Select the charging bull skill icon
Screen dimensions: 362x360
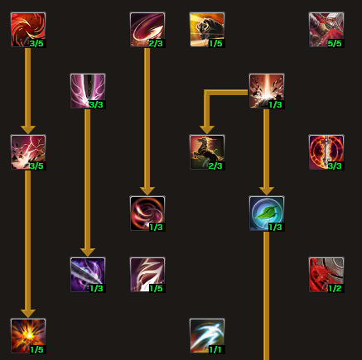207,30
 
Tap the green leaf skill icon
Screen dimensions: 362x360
267,214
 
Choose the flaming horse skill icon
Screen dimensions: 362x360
207,152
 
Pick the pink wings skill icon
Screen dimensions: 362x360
88,91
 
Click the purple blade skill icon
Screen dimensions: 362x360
88,275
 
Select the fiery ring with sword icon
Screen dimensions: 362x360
326,152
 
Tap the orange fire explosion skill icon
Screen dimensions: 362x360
28,336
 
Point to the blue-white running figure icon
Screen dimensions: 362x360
207,336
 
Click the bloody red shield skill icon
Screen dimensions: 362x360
326,275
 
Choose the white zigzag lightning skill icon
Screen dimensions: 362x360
147,275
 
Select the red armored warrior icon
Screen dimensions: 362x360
326,30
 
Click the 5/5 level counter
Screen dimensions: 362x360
335,44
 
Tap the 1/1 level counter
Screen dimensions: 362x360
215,350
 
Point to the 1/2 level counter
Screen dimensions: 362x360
335,289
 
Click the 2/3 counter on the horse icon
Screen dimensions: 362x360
215,166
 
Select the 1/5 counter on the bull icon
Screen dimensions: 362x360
215,44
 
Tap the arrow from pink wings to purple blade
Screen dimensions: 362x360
88,183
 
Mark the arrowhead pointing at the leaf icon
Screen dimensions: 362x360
267,191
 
